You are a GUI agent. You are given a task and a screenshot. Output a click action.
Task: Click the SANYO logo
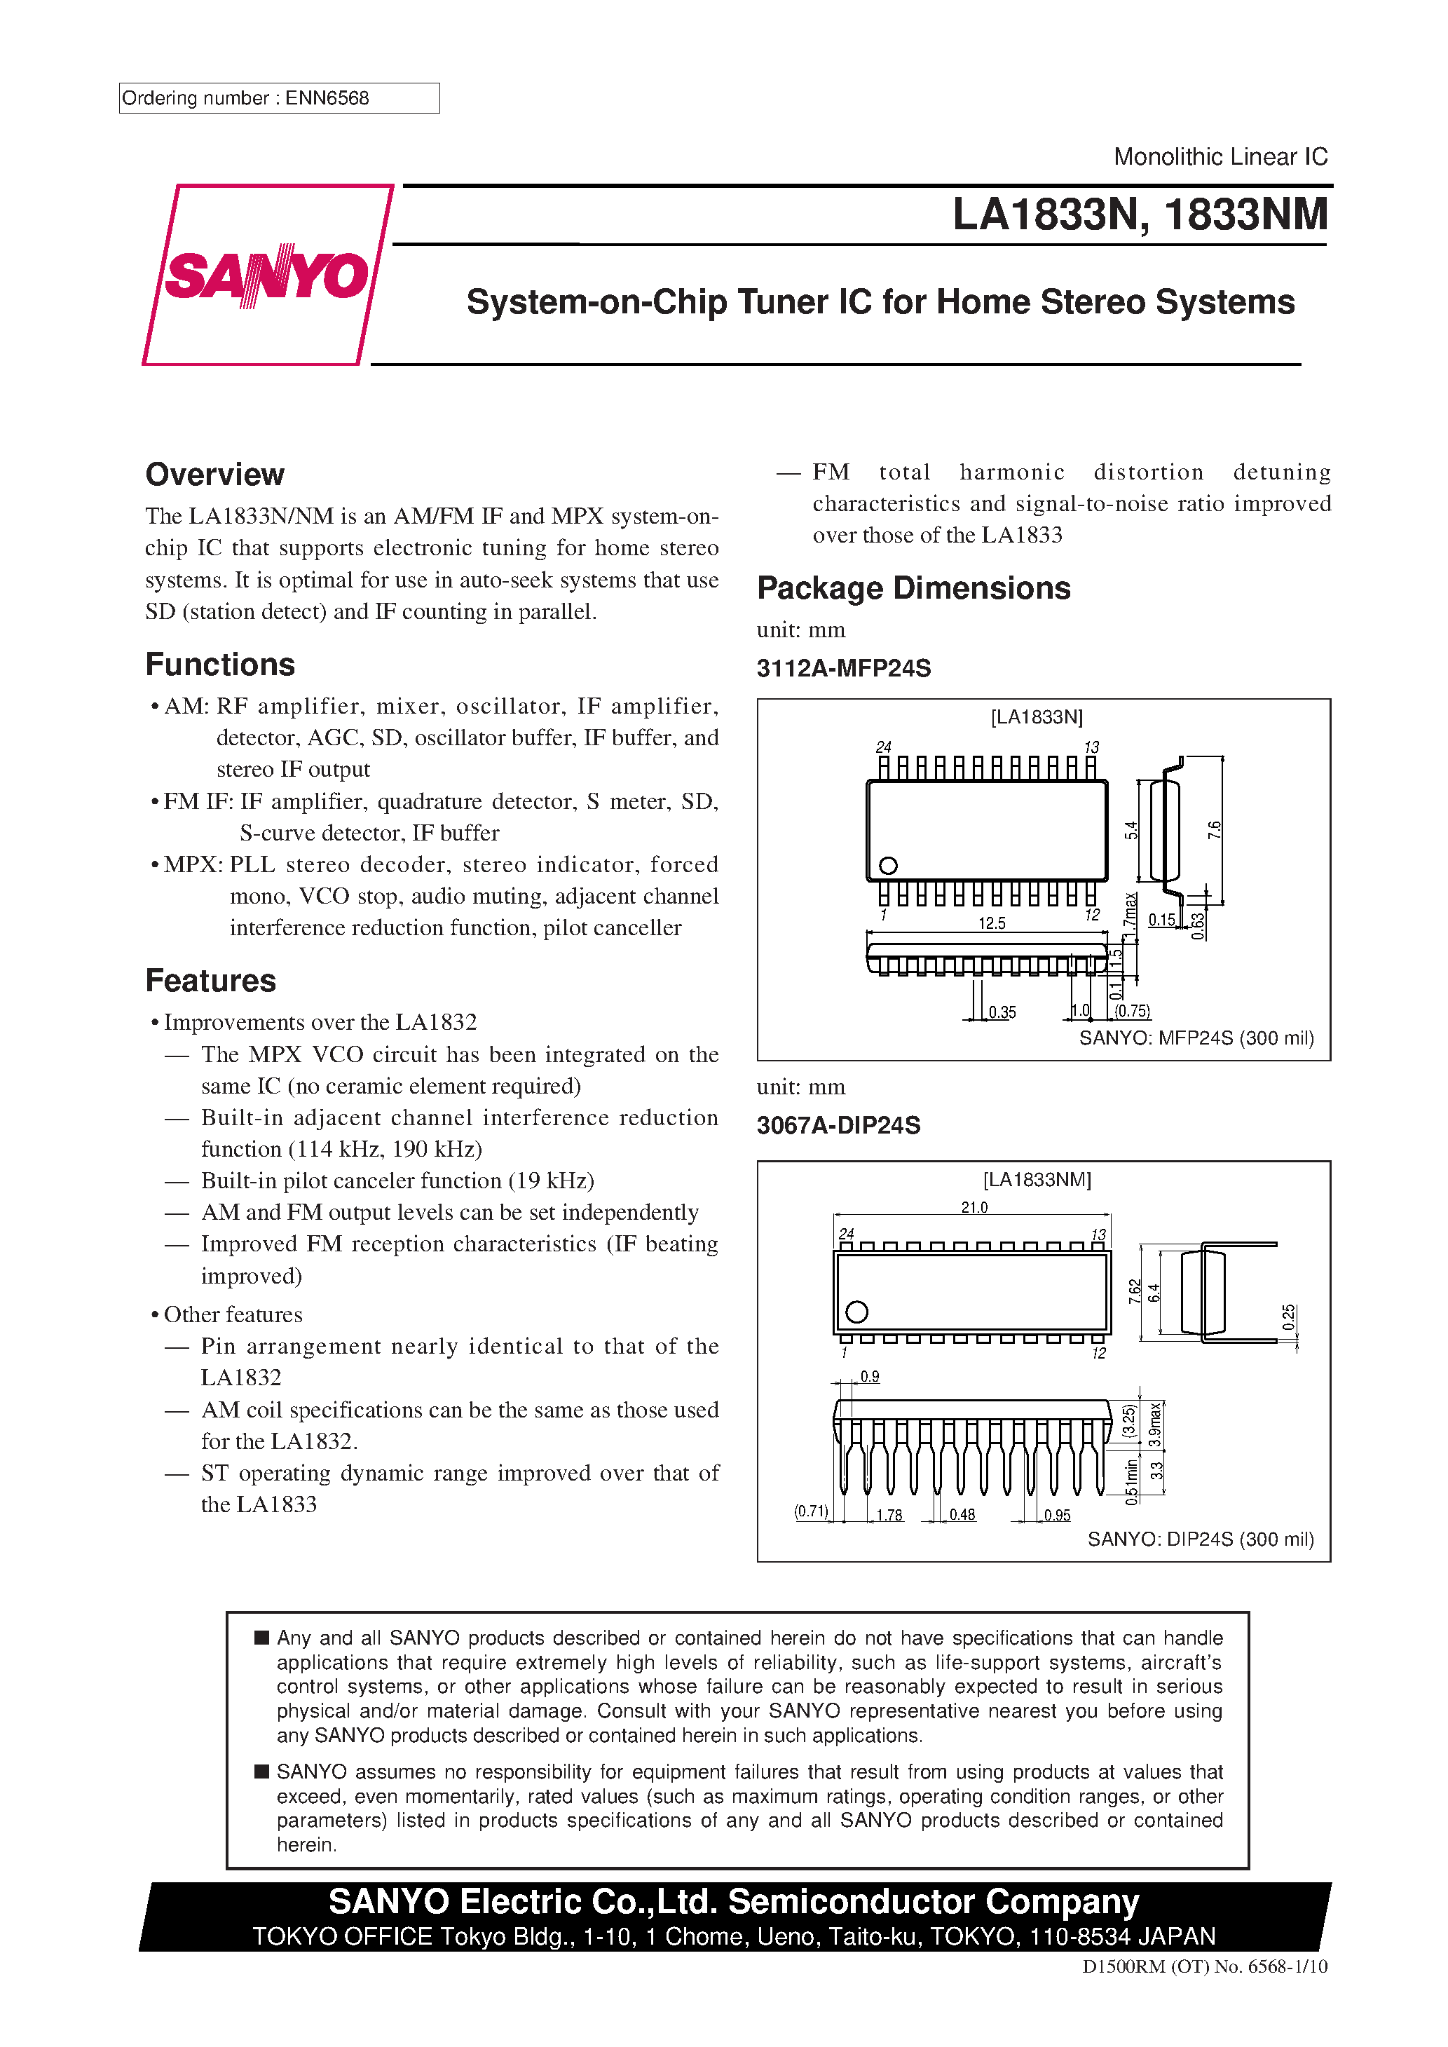(x=266, y=275)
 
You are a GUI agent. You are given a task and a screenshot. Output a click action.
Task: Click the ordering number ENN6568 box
(x=278, y=98)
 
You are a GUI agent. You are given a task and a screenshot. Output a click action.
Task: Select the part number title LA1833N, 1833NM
(x=1140, y=215)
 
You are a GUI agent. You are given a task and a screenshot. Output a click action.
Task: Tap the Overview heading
(x=215, y=475)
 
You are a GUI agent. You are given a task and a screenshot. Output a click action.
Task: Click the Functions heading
(x=220, y=664)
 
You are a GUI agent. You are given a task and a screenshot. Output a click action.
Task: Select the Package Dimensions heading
(x=913, y=588)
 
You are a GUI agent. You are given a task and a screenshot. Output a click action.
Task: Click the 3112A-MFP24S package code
(x=843, y=669)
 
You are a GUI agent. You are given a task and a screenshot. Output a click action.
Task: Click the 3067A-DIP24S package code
(x=838, y=1125)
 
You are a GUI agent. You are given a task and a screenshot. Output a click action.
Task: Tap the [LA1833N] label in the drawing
(x=1036, y=718)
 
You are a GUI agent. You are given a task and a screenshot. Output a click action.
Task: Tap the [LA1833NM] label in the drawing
(x=1036, y=1180)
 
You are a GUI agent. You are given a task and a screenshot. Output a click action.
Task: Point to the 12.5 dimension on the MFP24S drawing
(x=992, y=924)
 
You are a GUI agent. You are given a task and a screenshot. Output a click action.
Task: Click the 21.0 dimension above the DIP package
(x=974, y=1207)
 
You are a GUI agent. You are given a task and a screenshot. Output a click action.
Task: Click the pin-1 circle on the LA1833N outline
(x=888, y=866)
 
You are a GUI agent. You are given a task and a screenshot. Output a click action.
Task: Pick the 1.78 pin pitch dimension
(x=889, y=1515)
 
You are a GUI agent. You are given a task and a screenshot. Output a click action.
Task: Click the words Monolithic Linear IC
(x=1220, y=157)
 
